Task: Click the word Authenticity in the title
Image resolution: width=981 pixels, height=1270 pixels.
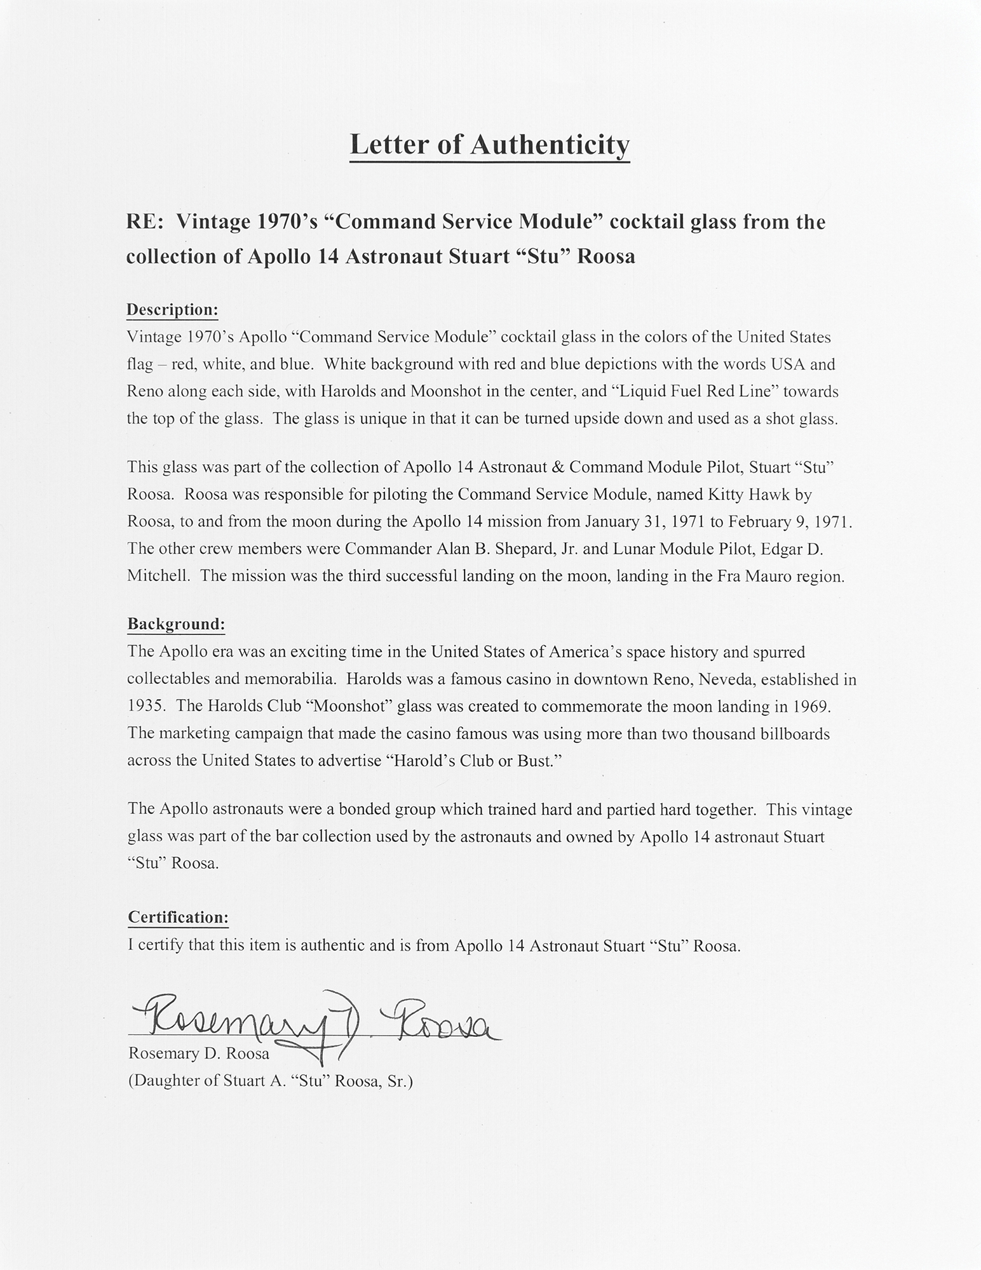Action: coord(550,145)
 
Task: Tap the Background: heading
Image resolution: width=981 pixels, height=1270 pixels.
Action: coord(176,624)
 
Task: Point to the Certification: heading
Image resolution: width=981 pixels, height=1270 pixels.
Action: coord(178,917)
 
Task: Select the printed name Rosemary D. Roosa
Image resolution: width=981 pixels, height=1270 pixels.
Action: coord(199,1053)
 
